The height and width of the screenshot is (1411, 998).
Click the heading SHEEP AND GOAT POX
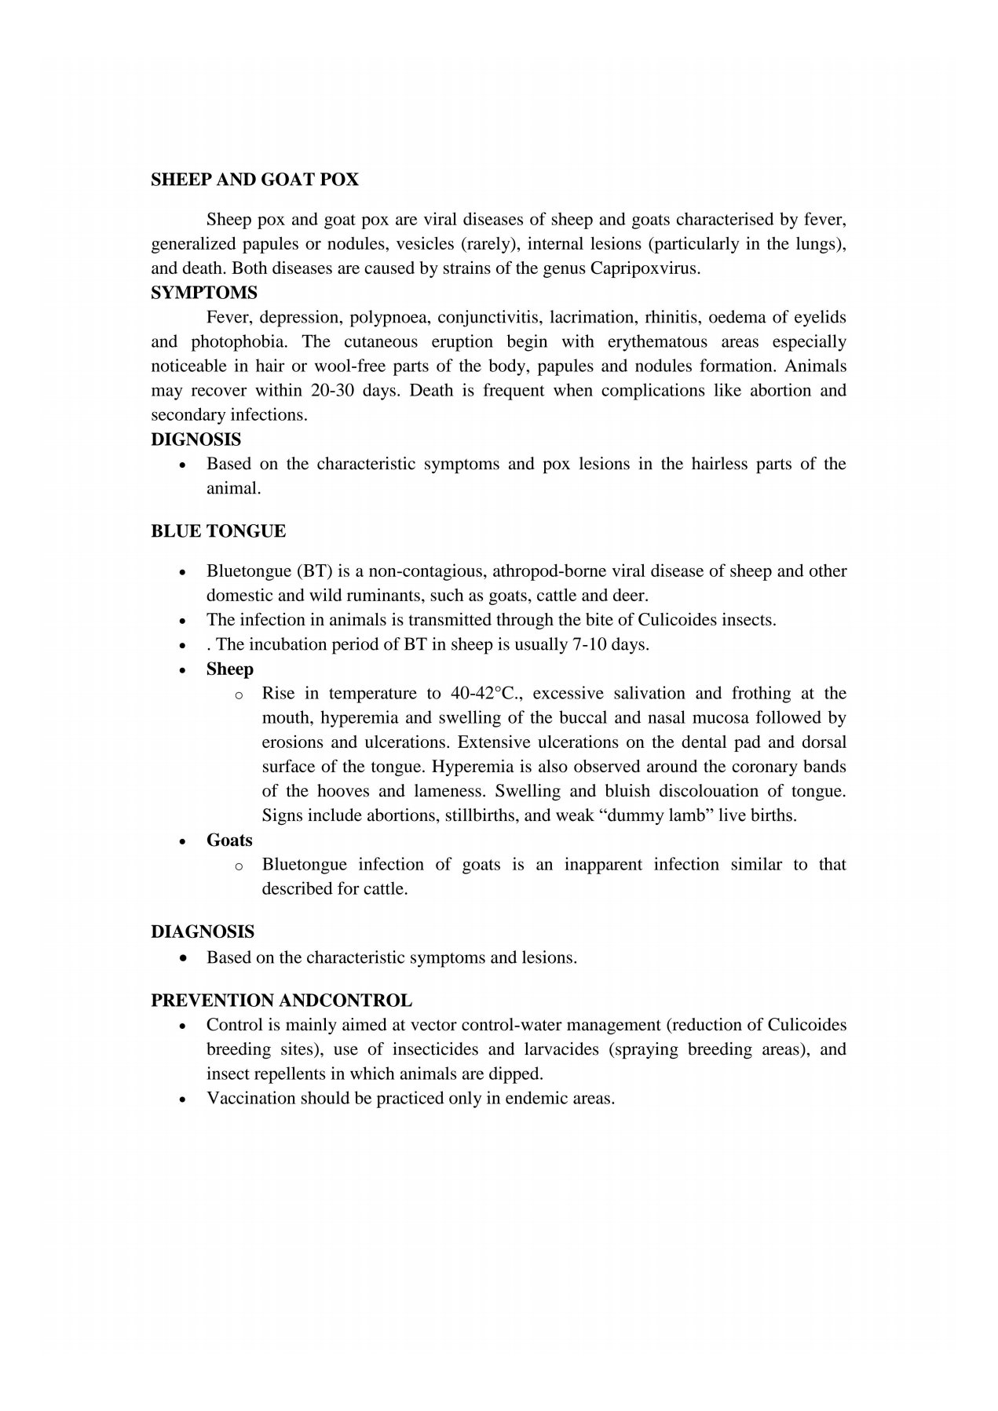(x=254, y=180)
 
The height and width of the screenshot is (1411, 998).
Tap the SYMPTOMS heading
(x=203, y=293)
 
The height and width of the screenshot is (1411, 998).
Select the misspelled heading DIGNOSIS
(x=196, y=439)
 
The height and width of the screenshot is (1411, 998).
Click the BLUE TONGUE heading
(x=218, y=531)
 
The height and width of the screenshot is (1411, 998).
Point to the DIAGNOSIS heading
(x=203, y=932)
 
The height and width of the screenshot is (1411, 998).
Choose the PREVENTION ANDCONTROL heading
(x=281, y=1001)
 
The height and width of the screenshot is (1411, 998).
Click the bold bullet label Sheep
(x=230, y=669)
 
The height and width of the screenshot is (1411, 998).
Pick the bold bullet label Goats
(x=229, y=840)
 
